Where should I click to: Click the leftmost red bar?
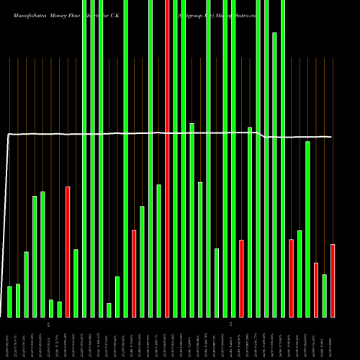tap(68, 252)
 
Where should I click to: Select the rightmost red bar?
tap(333, 281)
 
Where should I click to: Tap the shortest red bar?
tap(316, 289)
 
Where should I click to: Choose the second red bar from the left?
tap(134, 274)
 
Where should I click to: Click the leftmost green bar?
tap(9, 302)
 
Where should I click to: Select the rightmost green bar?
tap(325, 295)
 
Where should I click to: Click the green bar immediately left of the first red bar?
tap(59, 310)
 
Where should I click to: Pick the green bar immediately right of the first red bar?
tap(76, 283)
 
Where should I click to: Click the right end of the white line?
tap(332, 137)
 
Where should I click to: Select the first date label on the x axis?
tap(9, 338)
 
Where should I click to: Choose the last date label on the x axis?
tap(333, 338)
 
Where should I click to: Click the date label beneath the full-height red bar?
tap(167, 338)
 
